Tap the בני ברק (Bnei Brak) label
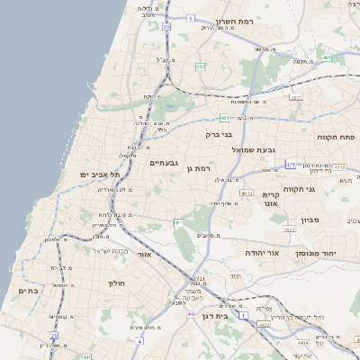[x=219, y=135]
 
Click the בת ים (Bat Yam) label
[x=29, y=291]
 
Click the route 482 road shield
[x=200, y=67]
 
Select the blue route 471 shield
[x=290, y=166]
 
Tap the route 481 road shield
[x=224, y=117]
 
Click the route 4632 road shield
[x=246, y=193]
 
